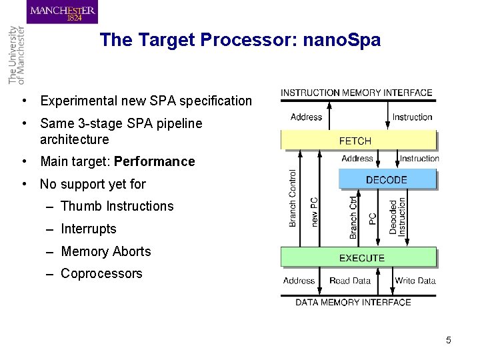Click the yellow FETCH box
tap(358, 140)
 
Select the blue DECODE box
tap(387, 179)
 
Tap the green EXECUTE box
tap(358, 257)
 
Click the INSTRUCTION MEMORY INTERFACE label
tap(357, 93)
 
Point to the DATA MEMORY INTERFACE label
tap(353, 302)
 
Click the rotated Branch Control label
tap(293, 198)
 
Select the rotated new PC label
tap(314, 211)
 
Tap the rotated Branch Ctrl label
tap(353, 215)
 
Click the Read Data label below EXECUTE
tap(349, 281)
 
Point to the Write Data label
tap(415, 281)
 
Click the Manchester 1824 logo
tap(62, 13)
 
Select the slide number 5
tap(449, 341)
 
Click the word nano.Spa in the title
tap(341, 40)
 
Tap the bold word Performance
tap(155, 161)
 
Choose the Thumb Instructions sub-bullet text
tap(117, 206)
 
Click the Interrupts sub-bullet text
tap(88, 229)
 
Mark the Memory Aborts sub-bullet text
tap(105, 251)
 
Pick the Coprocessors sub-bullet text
tap(101, 273)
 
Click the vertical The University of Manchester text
tap(16, 55)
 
